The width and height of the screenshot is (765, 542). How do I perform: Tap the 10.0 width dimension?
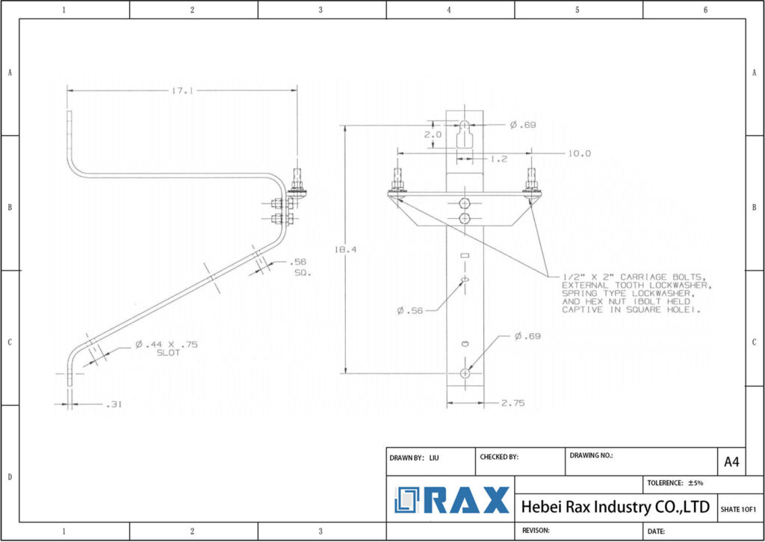[x=579, y=153]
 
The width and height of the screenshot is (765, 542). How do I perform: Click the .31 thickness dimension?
[x=112, y=404]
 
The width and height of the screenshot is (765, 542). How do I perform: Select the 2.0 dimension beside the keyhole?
[x=433, y=135]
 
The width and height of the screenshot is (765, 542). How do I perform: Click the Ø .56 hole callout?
[x=410, y=310]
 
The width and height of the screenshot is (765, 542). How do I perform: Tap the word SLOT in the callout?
[x=169, y=353]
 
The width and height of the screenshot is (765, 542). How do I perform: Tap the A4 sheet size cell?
[x=731, y=462]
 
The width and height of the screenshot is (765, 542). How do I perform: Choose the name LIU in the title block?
[x=434, y=457]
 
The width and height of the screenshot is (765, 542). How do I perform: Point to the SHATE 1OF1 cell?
[x=738, y=509]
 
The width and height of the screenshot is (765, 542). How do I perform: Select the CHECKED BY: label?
[x=500, y=457]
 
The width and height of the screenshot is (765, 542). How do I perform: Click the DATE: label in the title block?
[x=657, y=531]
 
